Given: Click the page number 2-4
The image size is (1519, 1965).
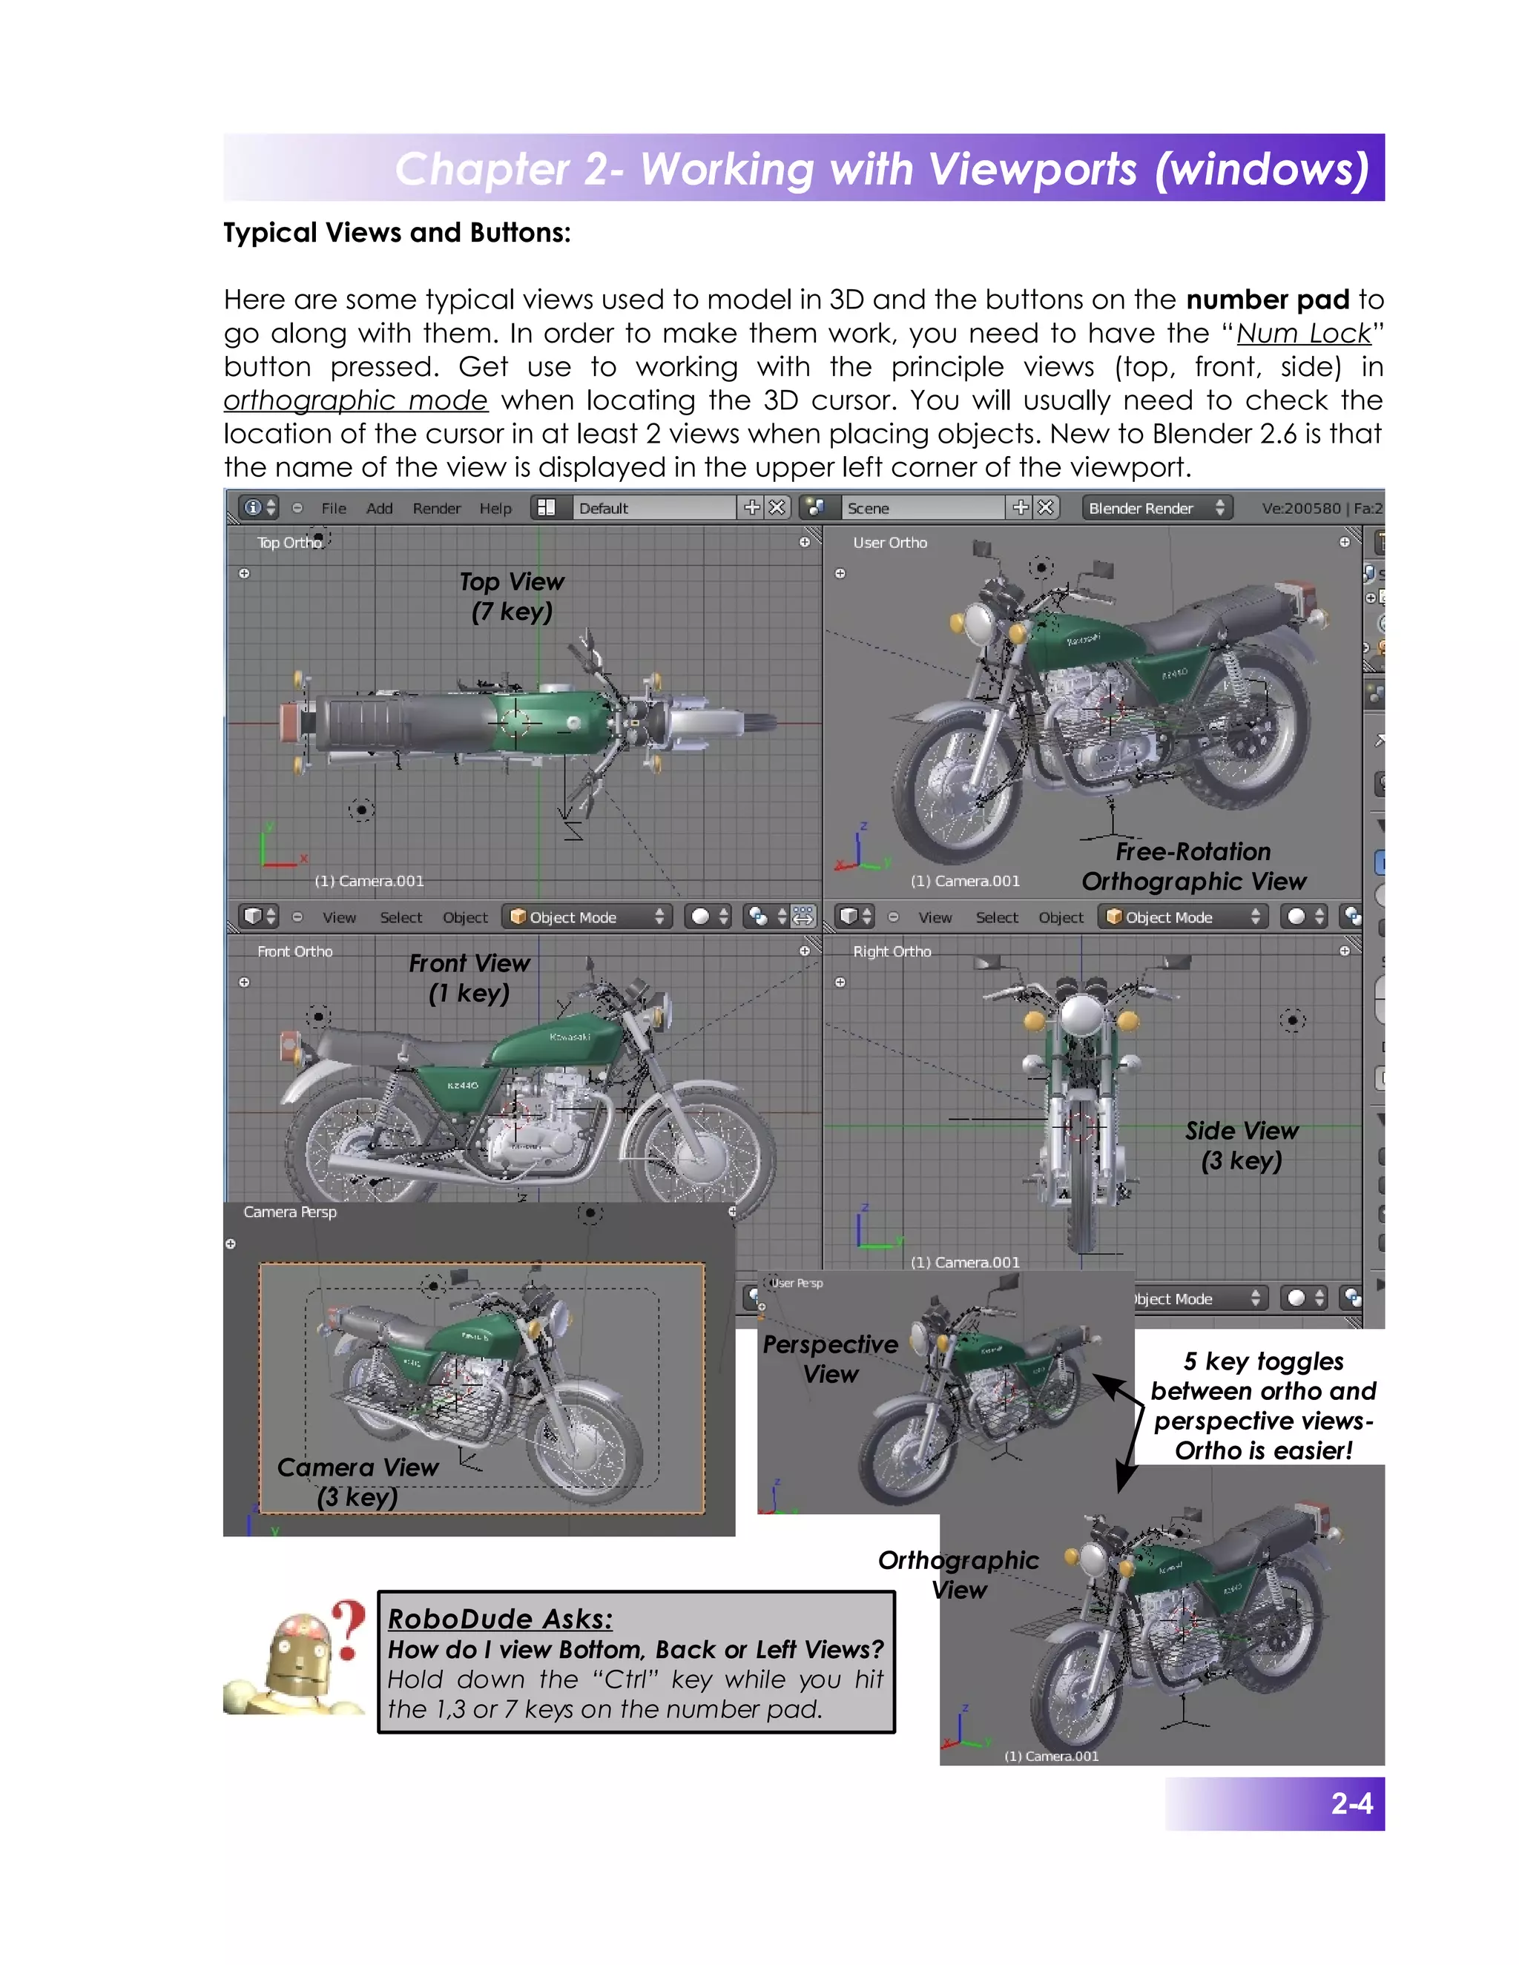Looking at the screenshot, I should pos(1351,1803).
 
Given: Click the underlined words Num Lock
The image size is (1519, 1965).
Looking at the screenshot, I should pos(1303,334).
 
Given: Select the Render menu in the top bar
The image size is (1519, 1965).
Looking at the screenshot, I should pos(436,509).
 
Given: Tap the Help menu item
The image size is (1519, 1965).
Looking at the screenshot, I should pos(495,509).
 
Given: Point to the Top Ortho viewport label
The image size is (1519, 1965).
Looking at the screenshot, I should pos(288,543).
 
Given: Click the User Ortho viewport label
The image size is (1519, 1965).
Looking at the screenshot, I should pos(889,543).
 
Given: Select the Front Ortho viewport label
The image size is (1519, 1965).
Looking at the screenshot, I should pos(294,951).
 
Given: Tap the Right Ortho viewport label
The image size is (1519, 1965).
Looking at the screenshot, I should pos(892,951).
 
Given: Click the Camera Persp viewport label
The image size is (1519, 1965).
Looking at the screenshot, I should pos(290,1212).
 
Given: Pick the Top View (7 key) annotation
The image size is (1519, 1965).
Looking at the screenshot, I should pos(511,596).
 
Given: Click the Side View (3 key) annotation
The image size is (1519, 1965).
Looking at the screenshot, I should pos(1241,1146).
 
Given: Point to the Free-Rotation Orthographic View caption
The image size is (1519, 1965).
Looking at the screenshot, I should pos(1193,866).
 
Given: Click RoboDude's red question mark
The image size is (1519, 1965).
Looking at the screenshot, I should pos(349,1628).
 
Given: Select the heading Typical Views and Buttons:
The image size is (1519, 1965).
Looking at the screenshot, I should pos(397,233).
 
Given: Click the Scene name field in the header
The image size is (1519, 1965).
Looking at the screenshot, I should pos(923,509).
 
